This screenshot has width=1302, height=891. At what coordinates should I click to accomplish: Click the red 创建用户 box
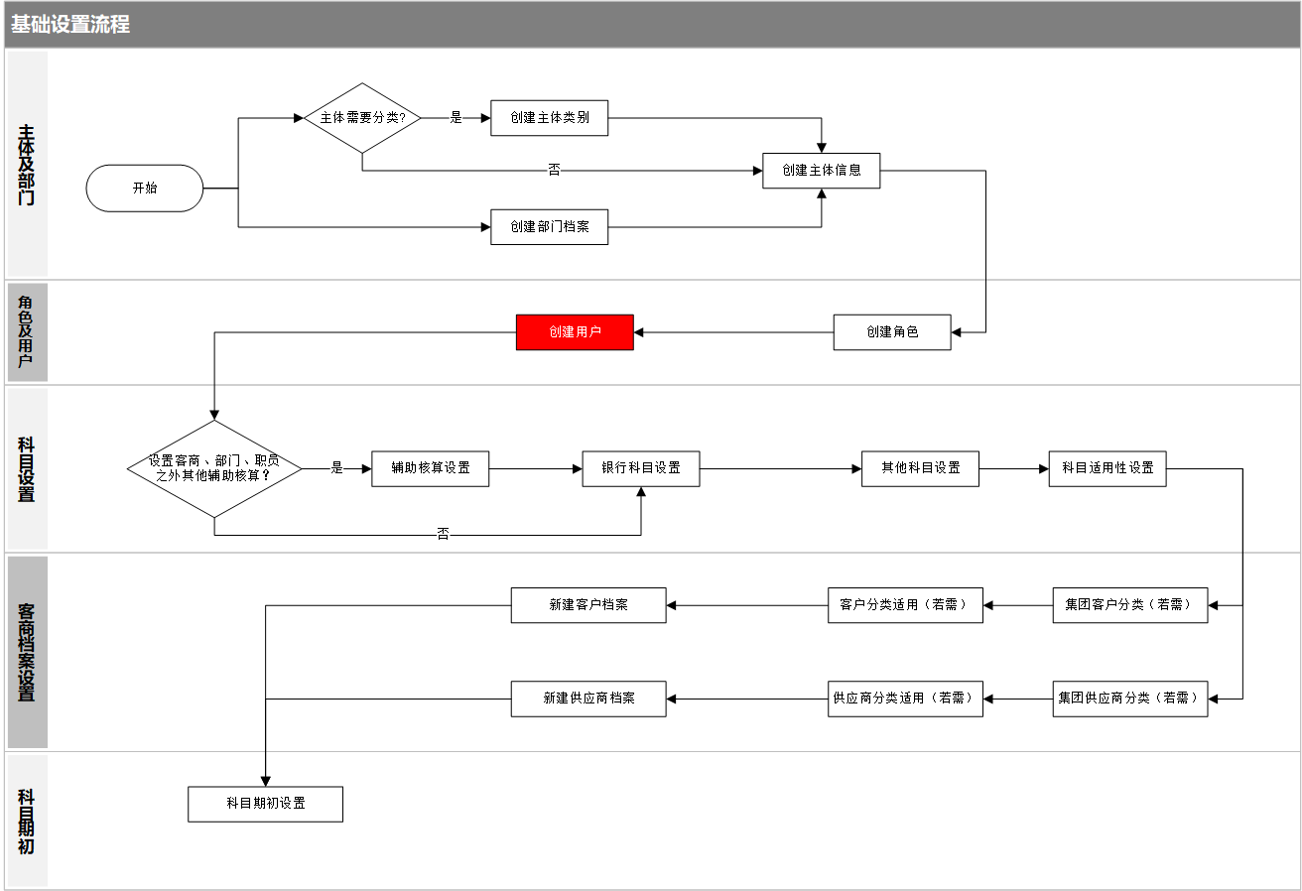pos(575,331)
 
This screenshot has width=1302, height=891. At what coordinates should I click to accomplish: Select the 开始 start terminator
pos(145,188)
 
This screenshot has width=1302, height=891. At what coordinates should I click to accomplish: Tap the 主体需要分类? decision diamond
pos(362,118)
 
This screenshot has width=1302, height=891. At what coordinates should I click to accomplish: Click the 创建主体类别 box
pos(550,118)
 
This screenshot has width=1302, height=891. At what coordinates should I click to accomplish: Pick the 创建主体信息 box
pos(822,171)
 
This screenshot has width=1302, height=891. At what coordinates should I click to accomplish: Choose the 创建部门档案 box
pos(550,226)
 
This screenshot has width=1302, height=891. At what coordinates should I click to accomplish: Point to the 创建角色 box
pos(892,331)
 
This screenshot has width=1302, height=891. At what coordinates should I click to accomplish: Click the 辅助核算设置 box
pos(430,468)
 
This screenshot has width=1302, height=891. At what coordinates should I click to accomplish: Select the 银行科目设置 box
pos(641,468)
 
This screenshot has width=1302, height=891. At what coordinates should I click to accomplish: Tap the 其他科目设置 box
pos(920,468)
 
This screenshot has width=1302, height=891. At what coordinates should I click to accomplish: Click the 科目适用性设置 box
pos(1107,468)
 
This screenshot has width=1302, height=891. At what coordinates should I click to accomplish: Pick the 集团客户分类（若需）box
pos(1130,605)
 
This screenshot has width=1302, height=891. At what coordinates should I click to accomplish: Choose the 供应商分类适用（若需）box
pos(905,699)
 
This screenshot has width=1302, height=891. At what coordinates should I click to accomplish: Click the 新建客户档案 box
pos(588,605)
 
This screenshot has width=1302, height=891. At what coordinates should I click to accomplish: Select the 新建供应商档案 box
pos(588,699)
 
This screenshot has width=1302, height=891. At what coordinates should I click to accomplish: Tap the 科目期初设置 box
pos(265,804)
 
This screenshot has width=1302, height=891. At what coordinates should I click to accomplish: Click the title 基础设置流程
pos(70,25)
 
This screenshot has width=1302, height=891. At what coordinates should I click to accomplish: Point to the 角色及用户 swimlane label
pos(26,331)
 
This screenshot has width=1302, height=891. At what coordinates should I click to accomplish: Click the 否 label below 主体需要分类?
pos(554,170)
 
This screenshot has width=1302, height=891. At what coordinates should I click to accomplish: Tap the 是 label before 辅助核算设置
pos(337,468)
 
